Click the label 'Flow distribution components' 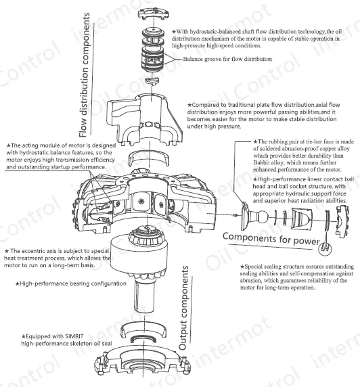(x=85, y=75)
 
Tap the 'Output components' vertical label (x=183, y=308)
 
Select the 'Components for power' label (x=271, y=239)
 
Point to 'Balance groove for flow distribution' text (x=227, y=59)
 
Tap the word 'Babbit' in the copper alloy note (x=261, y=162)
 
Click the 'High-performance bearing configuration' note (x=71, y=283)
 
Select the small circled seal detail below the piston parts (x=325, y=248)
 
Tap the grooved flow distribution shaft (x=153, y=50)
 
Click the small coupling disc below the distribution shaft (x=152, y=81)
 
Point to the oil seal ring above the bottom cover (x=143, y=340)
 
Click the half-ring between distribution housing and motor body (x=149, y=158)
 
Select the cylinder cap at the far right (x=342, y=221)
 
